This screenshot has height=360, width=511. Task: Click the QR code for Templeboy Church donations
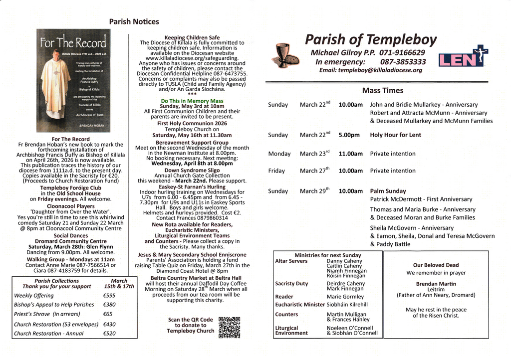(230, 327)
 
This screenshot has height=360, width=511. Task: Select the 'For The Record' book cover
(74, 81)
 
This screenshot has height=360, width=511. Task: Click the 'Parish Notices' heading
(134, 21)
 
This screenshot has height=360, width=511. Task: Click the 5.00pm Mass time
(349, 135)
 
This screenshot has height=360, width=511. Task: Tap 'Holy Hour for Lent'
(395, 135)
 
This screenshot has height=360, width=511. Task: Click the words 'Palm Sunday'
(388, 191)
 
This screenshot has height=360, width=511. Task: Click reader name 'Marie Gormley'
(345, 297)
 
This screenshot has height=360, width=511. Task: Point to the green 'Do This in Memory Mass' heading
(192, 101)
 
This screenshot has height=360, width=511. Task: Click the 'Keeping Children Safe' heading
(192, 37)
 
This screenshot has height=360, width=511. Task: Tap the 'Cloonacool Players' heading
(70, 205)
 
